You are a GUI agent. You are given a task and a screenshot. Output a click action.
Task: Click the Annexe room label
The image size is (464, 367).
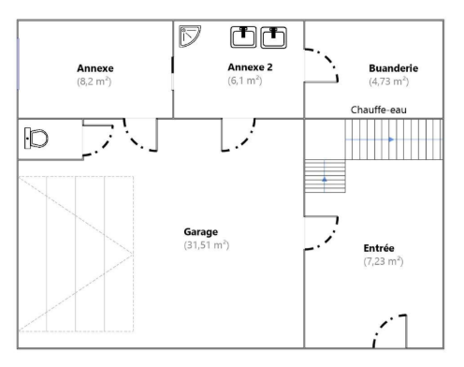95,67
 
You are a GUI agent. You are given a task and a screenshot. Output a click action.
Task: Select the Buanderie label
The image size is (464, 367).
392,67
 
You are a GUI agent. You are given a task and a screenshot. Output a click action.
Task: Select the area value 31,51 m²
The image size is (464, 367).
207,244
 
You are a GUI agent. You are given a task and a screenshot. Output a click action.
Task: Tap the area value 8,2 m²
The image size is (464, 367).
95,81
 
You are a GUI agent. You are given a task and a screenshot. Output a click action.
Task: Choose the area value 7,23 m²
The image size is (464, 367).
384,261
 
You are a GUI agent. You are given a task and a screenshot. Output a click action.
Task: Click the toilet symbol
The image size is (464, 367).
36,139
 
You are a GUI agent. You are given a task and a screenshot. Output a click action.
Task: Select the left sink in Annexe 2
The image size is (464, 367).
245,37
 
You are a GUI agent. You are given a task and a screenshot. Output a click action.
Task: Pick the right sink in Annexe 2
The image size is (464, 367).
274,37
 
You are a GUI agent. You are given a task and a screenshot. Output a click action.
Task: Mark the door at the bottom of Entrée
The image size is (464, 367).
387,332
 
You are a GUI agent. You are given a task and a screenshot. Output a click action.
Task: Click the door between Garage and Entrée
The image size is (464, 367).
324,233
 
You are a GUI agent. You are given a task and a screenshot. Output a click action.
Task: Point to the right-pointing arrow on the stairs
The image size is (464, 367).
391,139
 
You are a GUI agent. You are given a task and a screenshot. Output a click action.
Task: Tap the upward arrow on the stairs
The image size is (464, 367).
324,176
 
